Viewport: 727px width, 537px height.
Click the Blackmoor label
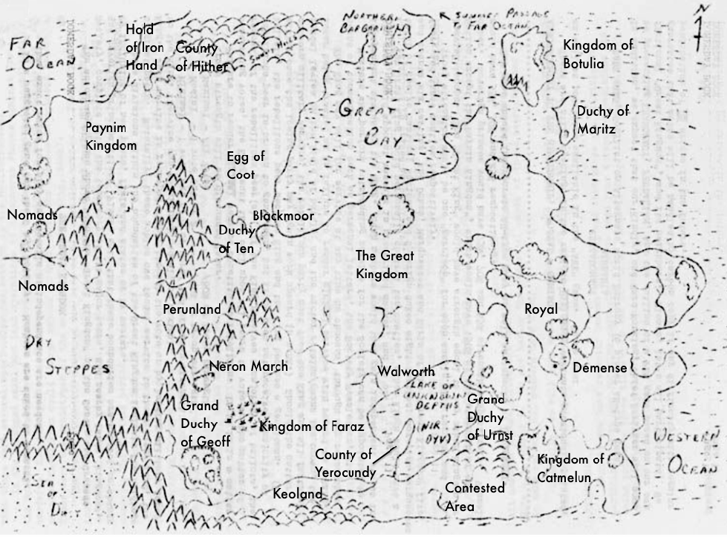point(283,216)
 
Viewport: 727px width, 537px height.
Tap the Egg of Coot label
point(245,165)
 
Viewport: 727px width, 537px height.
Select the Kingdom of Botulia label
point(598,54)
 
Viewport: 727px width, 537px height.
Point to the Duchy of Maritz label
point(603,119)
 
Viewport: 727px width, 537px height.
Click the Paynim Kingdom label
point(111,136)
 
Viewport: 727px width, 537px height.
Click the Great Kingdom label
point(385,264)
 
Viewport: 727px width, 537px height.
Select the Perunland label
point(192,309)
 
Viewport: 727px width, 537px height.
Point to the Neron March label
point(248,366)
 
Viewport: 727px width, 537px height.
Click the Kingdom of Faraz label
point(311,426)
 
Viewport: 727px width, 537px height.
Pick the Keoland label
point(298,494)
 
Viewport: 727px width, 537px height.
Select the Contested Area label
point(475,497)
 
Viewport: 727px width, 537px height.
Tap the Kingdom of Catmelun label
point(570,468)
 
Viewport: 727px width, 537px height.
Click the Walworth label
point(405,371)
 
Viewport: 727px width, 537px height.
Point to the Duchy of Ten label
point(236,240)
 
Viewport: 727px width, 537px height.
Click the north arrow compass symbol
point(700,30)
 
